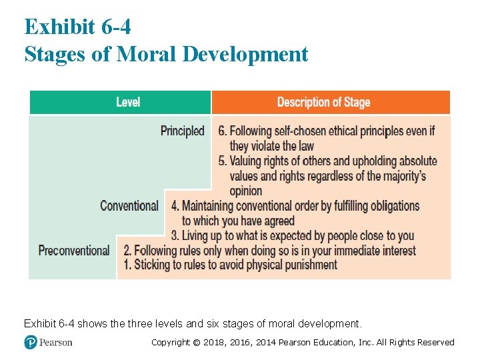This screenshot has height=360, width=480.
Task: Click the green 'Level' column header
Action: pyautogui.click(x=128, y=102)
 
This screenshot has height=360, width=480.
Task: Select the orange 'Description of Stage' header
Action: pyautogui.click(x=323, y=102)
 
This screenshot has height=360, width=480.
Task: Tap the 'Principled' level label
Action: pyautogui.click(x=182, y=131)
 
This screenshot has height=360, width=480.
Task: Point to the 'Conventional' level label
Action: pyautogui.click(x=129, y=205)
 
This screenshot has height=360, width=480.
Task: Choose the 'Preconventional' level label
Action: pyautogui.click(x=74, y=251)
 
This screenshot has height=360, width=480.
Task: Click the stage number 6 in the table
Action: pyautogui.click(x=222, y=131)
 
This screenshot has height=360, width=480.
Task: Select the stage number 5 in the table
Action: pyautogui.click(x=222, y=161)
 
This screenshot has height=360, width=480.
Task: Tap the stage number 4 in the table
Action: pyautogui.click(x=175, y=205)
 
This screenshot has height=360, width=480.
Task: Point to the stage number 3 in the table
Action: pyautogui.click(x=175, y=235)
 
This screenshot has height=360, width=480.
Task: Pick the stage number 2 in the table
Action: pyautogui.click(x=127, y=251)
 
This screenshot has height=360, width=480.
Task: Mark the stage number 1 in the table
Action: pyautogui.click(x=127, y=265)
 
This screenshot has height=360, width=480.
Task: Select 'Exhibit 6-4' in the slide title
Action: pyautogui.click(x=77, y=27)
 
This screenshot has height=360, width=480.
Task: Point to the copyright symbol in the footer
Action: pyautogui.click(x=197, y=343)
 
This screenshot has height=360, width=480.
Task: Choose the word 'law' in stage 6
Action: pyautogui.click(x=306, y=146)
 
